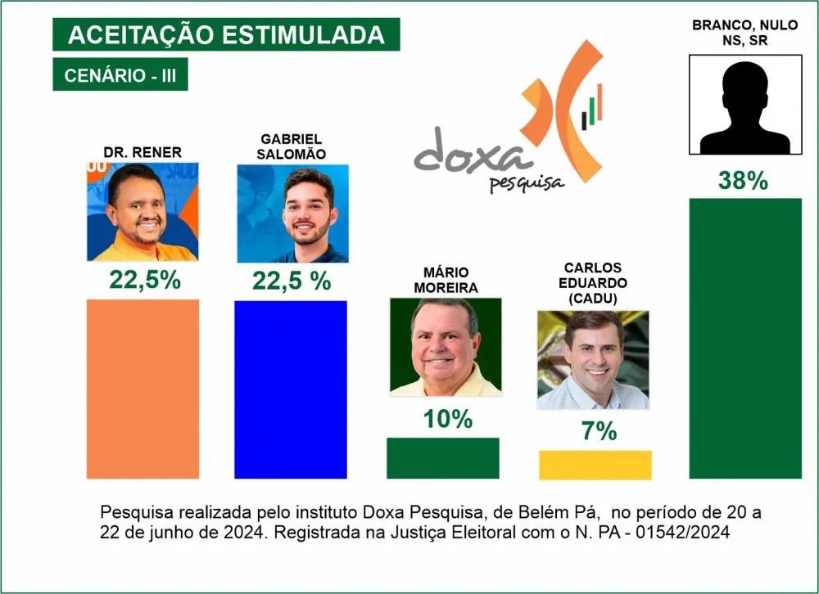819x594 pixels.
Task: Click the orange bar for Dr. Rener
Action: (x=143, y=389)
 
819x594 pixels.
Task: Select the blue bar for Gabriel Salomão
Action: (x=291, y=389)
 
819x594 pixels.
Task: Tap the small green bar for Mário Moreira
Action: (x=442, y=457)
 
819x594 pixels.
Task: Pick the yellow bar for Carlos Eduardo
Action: (x=595, y=465)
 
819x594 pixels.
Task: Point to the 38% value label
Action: (x=743, y=181)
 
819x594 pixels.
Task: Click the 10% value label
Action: (x=448, y=420)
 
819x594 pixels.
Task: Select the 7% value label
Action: (x=599, y=431)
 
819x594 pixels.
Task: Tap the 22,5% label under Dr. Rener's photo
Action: (x=145, y=281)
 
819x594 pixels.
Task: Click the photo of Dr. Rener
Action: (x=143, y=212)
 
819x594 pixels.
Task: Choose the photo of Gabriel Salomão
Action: (x=292, y=214)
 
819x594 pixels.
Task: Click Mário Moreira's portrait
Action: (x=445, y=347)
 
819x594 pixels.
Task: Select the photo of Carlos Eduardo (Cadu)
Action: (x=593, y=360)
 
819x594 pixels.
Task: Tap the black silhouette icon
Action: (x=744, y=104)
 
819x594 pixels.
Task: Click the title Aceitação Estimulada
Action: (x=226, y=35)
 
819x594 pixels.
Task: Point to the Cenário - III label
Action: (x=120, y=76)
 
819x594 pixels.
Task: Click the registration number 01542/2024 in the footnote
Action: (x=685, y=533)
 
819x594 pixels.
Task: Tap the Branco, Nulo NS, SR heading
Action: (x=744, y=34)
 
